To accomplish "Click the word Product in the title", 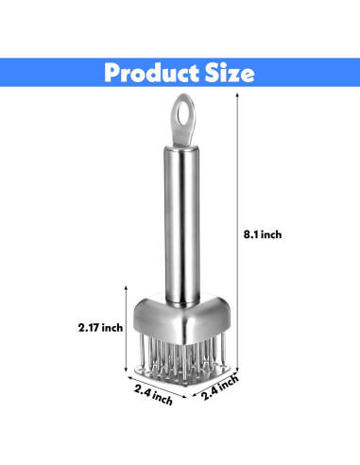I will pyautogui.click(x=146, y=73).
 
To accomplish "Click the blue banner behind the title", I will pyautogui.click(x=38, y=73).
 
